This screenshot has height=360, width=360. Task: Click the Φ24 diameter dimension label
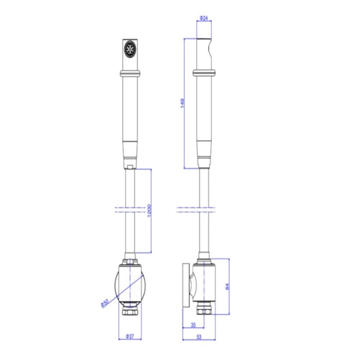(x=204, y=18)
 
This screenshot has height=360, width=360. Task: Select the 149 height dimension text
(x=182, y=103)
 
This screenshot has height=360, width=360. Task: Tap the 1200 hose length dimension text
(x=149, y=211)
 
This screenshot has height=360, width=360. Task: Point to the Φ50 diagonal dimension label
(x=104, y=304)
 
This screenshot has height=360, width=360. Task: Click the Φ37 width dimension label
(x=130, y=336)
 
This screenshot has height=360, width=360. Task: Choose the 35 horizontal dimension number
(x=193, y=325)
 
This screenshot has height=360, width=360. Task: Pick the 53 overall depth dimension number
(x=199, y=337)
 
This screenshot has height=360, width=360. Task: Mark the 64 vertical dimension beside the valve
(x=228, y=287)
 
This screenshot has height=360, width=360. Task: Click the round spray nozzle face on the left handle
(x=130, y=49)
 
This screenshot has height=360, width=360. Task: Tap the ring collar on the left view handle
(x=130, y=73)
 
